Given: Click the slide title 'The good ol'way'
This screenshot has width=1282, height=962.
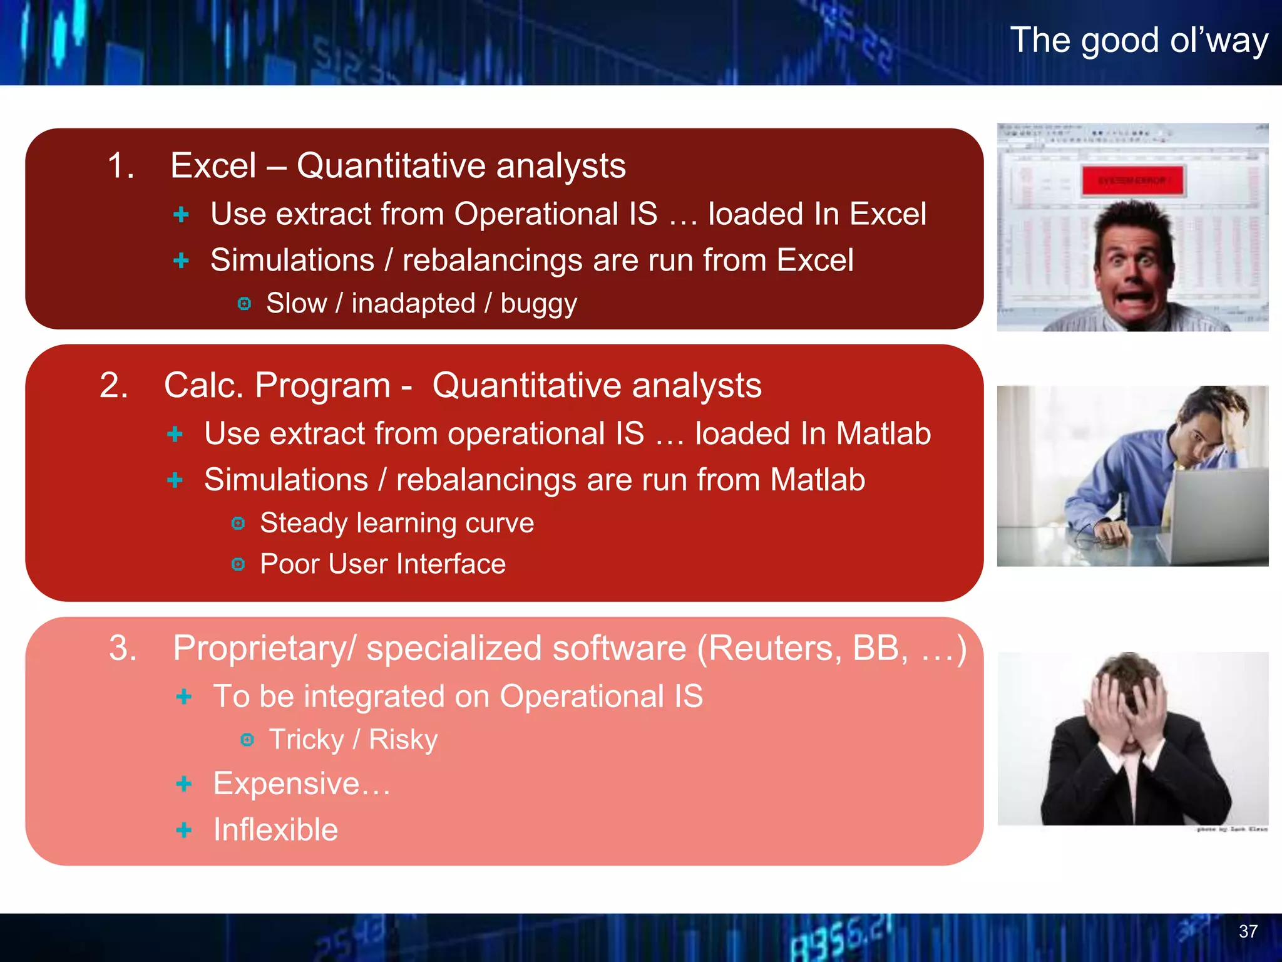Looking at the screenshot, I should point(1139,41).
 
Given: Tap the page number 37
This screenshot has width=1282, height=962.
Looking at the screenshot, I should point(1248,931).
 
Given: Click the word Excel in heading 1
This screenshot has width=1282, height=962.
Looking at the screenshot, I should point(213,166).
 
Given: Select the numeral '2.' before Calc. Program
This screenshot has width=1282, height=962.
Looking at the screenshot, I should point(114,385).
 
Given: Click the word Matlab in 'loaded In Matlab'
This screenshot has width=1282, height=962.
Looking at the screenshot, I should point(883,433).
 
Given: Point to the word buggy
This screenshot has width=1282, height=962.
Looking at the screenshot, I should point(538,304).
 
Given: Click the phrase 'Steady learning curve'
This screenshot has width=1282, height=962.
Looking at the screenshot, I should point(397,523).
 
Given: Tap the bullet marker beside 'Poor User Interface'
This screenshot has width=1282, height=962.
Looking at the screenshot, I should point(238,564).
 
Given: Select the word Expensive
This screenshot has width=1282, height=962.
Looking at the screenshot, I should point(287,784).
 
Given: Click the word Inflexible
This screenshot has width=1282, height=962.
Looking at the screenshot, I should point(275,830).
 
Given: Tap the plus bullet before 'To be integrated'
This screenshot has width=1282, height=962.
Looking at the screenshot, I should point(183,696).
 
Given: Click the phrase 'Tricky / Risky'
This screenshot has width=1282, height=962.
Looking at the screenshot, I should point(353,740).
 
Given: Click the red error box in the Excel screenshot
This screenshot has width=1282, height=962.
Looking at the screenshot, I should point(1132,181).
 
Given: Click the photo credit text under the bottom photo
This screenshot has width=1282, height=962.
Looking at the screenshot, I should point(1231,829).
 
